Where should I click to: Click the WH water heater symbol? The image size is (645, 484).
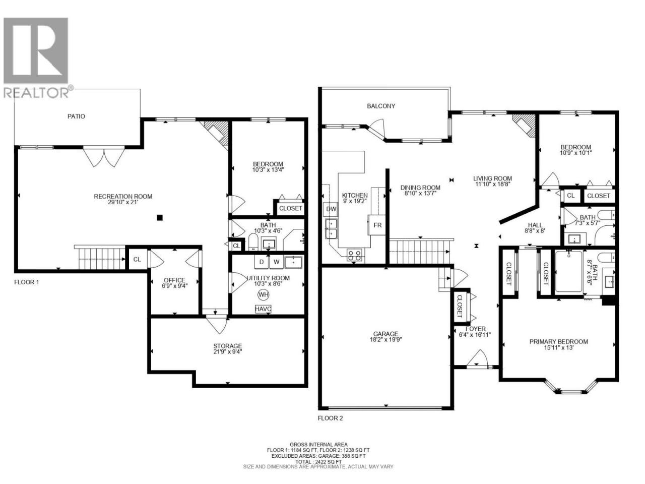(x=263, y=295)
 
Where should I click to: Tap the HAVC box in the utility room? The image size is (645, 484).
(x=263, y=309)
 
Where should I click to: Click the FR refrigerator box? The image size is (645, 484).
(x=377, y=225)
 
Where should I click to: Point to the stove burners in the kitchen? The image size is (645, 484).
(x=354, y=255)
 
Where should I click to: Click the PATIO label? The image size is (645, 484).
(x=77, y=116)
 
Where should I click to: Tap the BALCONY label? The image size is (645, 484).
(x=381, y=106)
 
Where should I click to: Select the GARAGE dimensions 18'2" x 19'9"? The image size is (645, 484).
(x=385, y=340)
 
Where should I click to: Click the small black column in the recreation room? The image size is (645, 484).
(x=160, y=218)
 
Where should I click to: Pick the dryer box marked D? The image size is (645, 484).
(x=261, y=262)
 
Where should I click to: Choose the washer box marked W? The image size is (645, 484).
(x=276, y=262)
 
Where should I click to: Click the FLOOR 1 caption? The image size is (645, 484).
(x=26, y=282)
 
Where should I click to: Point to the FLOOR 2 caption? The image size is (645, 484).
(x=330, y=418)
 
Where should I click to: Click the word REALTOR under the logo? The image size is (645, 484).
(x=36, y=93)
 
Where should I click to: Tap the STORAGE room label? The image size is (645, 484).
(x=227, y=346)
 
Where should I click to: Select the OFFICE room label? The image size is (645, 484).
(x=174, y=280)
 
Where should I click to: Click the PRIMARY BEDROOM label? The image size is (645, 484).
(x=559, y=342)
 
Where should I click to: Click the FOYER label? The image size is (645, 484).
(x=476, y=329)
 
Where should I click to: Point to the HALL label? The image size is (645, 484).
(x=535, y=225)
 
